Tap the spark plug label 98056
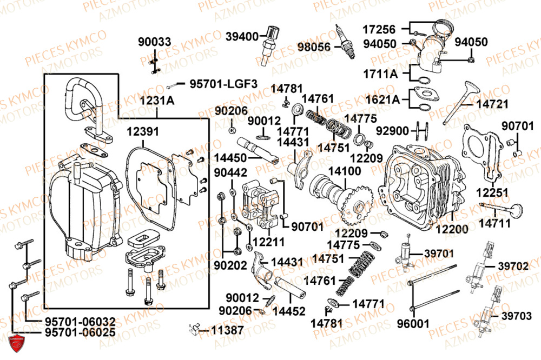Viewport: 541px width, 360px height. [314, 46]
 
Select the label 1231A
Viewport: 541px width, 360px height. [156, 101]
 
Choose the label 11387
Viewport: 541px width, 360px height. [227, 329]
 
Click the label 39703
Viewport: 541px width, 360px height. [516, 316]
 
